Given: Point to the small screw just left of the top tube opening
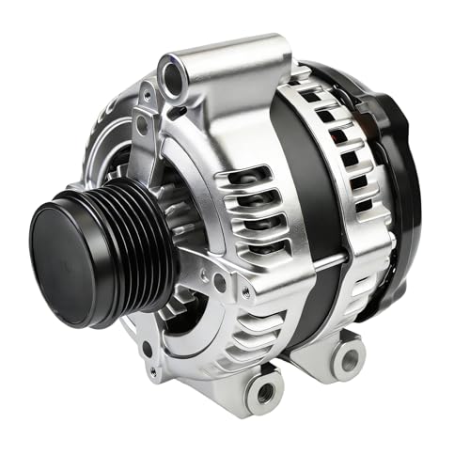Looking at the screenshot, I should pos(148,93).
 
